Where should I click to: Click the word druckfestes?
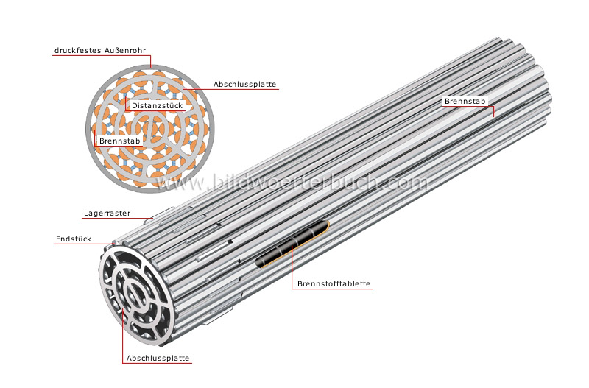pyautogui.click(x=77, y=51)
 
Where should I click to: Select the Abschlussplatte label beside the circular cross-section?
pyautogui.click(x=245, y=84)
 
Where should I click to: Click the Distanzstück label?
pyautogui.click(x=157, y=106)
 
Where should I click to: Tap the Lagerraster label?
pyautogui.click(x=107, y=214)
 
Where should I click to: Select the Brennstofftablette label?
pyautogui.click(x=334, y=284)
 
